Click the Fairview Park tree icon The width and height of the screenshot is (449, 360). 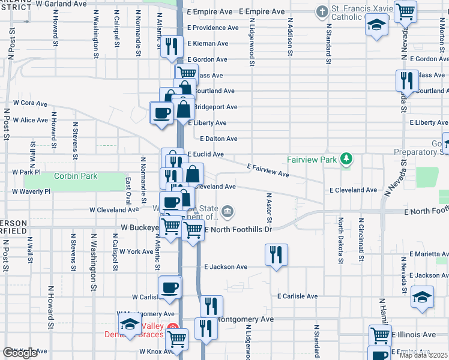click(x=346, y=159)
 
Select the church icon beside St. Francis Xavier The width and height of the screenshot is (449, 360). click(x=322, y=11)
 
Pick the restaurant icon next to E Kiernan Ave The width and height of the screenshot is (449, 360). click(x=172, y=46)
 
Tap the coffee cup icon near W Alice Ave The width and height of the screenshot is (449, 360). click(x=161, y=113)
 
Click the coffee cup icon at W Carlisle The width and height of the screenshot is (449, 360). click(x=170, y=287)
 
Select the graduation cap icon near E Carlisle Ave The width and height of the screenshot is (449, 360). click(x=423, y=296)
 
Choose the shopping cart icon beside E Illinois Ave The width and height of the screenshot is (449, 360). click(x=379, y=335)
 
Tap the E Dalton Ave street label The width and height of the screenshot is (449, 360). click(x=219, y=139)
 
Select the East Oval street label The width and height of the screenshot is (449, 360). click(x=128, y=190)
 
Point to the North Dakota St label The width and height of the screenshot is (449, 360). click(x=340, y=241)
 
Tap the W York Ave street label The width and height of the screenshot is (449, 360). click(x=136, y=251)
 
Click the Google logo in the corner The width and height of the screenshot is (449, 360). click(x=20, y=353)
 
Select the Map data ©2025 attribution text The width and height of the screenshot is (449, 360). click(x=424, y=355)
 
